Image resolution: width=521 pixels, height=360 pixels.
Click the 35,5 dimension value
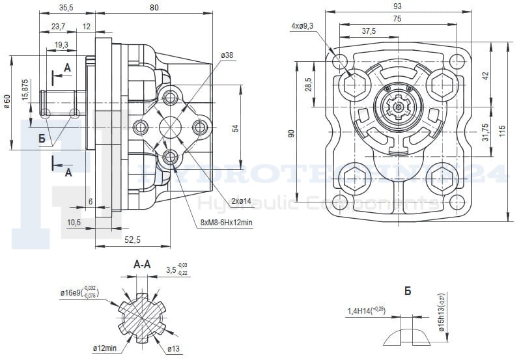[66, 8]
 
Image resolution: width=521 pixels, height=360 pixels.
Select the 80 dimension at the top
[154, 8]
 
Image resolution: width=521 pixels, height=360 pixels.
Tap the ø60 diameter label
[8, 102]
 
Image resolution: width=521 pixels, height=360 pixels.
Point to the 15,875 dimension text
[25, 89]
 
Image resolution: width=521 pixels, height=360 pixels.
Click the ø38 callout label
[227, 56]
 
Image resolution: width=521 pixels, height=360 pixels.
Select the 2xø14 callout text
[240, 201]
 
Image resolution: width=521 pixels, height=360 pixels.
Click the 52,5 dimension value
[134, 240]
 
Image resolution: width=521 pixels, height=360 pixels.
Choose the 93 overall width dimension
[397, 6]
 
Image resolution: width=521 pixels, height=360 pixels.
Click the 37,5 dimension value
[369, 31]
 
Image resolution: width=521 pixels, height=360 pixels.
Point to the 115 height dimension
[501, 130]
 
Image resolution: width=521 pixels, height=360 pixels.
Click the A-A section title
[142, 265]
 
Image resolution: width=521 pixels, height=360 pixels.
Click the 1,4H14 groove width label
[366, 311]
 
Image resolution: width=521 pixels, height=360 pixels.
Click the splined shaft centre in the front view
[397, 106]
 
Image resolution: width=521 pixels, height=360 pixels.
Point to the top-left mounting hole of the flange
[339, 62]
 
